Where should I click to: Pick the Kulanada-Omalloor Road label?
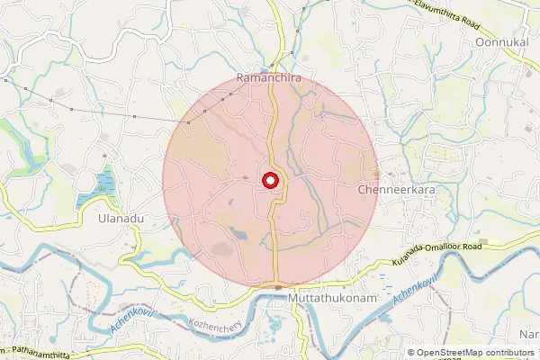click(x=437, y=253)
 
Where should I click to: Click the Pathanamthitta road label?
click(x=37, y=349)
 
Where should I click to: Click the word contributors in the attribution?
click(x=512, y=353)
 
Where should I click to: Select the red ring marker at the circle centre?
click(x=269, y=182)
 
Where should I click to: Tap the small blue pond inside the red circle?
click(x=241, y=235)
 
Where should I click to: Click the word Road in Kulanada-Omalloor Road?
click(x=472, y=246)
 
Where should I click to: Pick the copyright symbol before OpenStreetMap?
click(x=411, y=353)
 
